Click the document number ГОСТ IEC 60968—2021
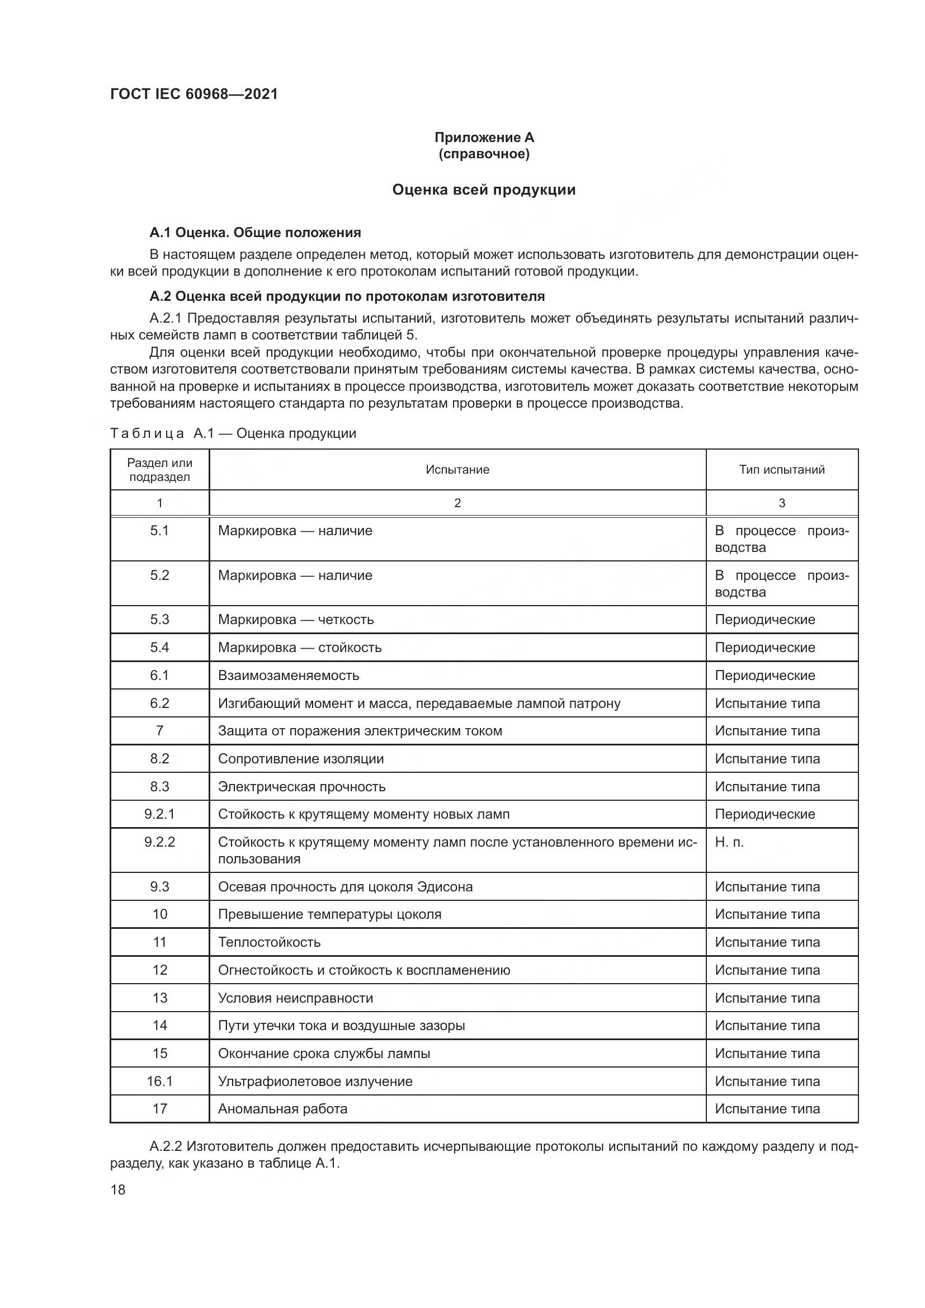coord(194,94)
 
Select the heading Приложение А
coord(484,138)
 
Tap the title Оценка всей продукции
coord(484,190)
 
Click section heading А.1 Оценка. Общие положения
coord(255,233)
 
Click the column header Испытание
coord(457,469)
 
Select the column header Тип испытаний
coord(781,469)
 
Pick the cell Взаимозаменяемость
coord(289,676)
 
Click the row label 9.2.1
coord(159,814)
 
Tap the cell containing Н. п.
coord(730,842)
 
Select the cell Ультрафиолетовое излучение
coord(315,1082)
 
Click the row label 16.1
coord(159,1082)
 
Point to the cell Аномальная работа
coord(282,1108)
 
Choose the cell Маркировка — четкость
coord(296,620)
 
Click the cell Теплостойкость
coord(270,942)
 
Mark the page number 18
coord(118,1189)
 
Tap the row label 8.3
coord(159,787)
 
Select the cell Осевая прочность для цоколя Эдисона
coord(345,887)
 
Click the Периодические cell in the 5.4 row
coord(765,648)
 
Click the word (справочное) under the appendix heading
coord(484,154)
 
